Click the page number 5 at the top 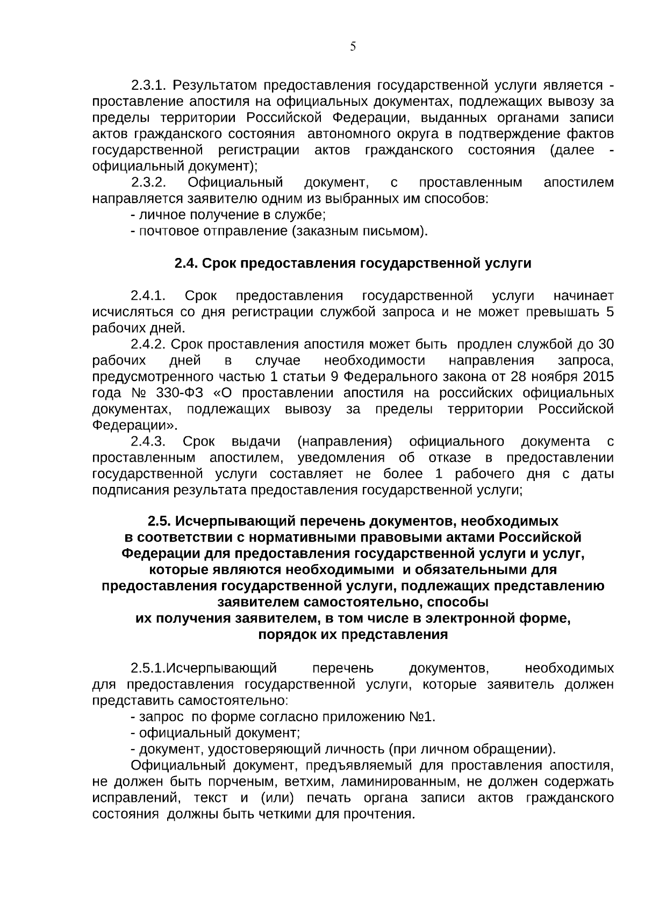(353, 47)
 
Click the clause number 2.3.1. (150, 85)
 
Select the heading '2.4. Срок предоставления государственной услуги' (353, 263)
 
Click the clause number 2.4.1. (148, 296)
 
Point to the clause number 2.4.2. (150, 344)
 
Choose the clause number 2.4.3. (148, 442)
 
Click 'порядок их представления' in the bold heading (353, 635)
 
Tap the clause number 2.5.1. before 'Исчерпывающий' (147, 669)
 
